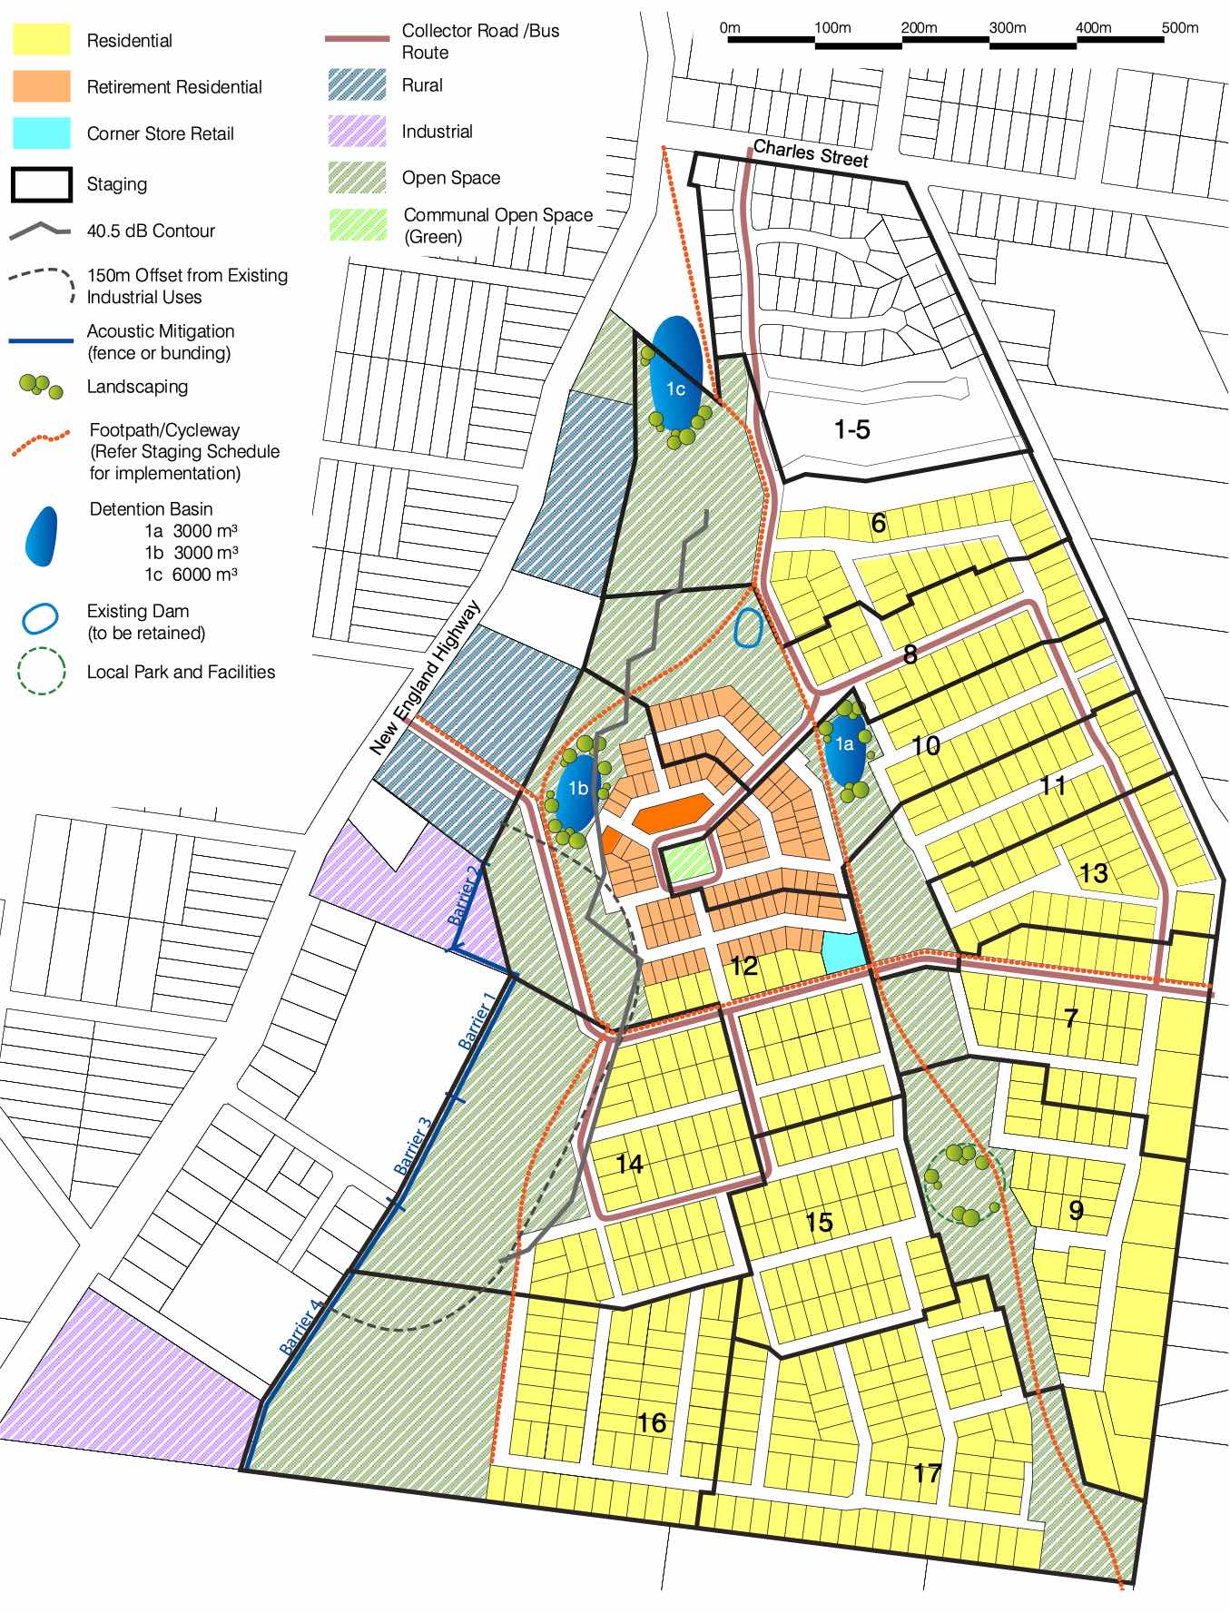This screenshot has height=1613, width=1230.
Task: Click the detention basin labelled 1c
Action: click(675, 373)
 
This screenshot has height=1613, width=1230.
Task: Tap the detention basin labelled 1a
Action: click(843, 750)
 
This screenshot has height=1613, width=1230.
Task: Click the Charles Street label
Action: click(811, 153)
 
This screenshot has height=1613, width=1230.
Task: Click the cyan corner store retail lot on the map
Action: click(843, 949)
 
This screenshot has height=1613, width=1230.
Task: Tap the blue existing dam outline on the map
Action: click(747, 627)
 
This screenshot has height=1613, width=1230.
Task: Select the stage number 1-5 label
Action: click(851, 429)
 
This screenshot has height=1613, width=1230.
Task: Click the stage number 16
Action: click(651, 1422)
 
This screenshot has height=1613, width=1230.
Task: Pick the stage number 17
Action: click(926, 1472)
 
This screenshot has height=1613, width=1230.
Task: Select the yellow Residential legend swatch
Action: click(42, 40)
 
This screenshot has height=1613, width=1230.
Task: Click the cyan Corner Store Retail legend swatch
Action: click(42, 133)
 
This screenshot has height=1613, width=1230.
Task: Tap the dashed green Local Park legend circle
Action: click(42, 672)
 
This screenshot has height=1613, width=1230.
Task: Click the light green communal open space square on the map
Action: click(686, 861)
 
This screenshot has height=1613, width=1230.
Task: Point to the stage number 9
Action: click(1076, 1210)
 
